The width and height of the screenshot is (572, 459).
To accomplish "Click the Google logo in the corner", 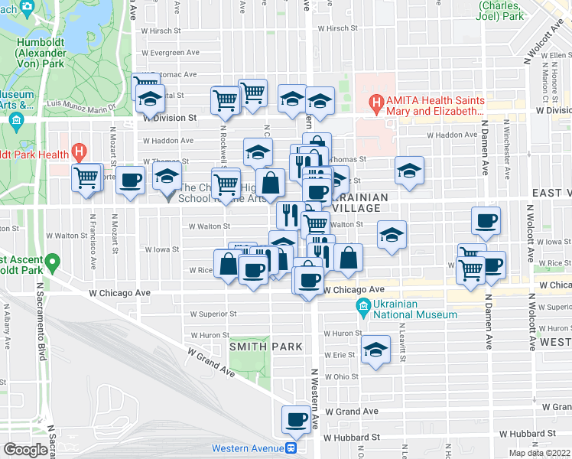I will point(26,450).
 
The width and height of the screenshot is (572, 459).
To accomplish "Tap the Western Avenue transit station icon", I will point(291,448).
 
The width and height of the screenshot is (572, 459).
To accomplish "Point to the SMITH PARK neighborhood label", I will point(262,347).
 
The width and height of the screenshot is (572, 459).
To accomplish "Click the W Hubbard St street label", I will point(351,438).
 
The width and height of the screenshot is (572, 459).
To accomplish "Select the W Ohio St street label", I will point(341,376).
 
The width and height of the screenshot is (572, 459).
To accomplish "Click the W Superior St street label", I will point(213,314).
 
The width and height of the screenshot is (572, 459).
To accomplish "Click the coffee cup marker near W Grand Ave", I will point(296,419).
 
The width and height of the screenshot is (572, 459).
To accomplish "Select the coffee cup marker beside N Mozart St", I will point(131,181).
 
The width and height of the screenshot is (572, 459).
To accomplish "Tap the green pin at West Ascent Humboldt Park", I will point(52,264).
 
